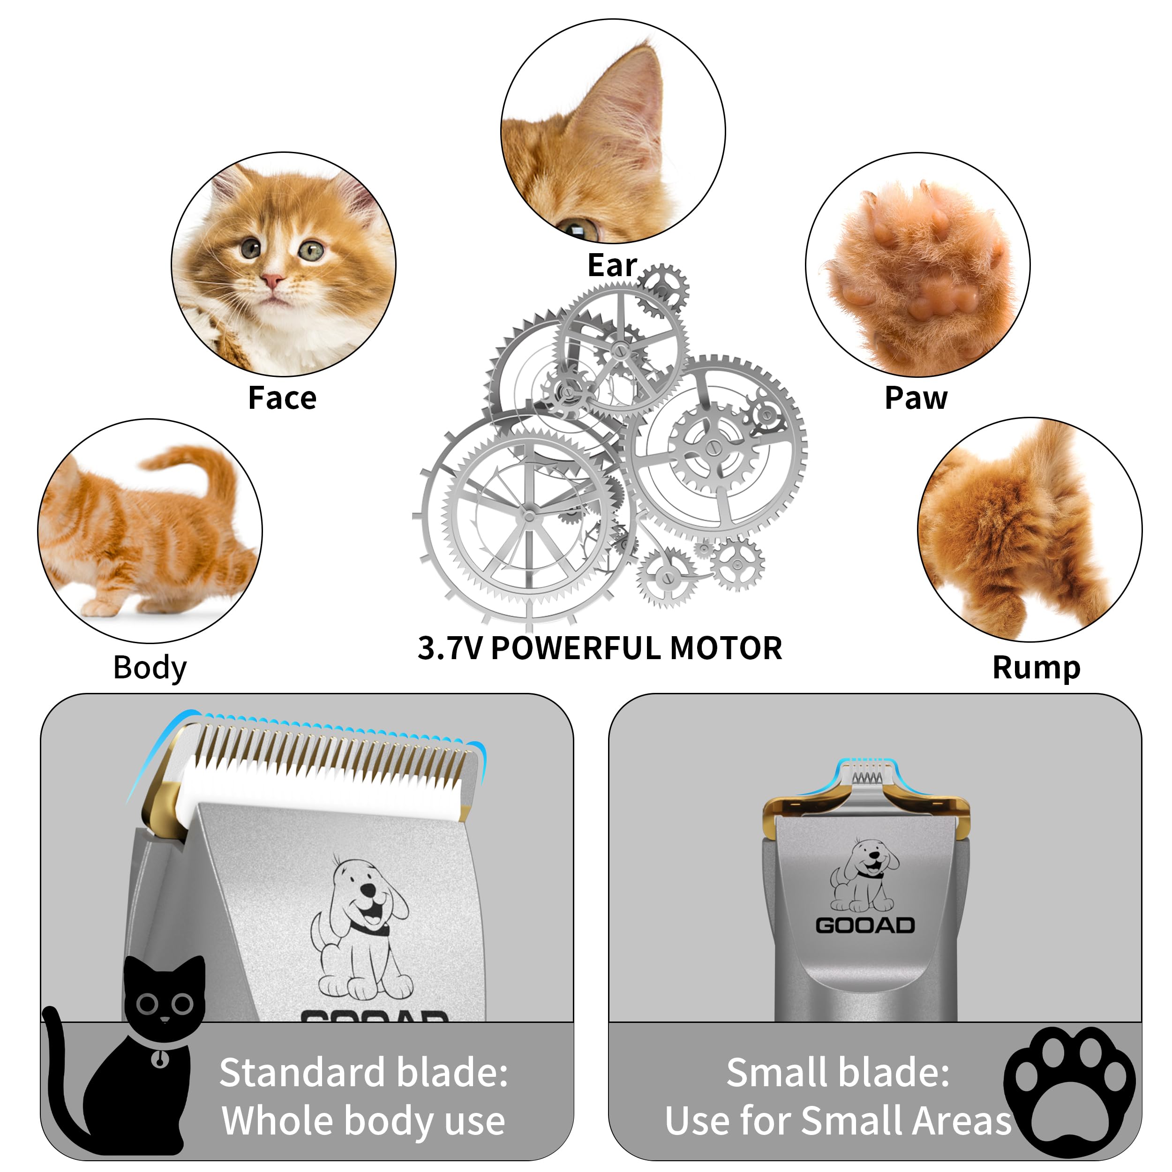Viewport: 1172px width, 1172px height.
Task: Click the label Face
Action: [x=282, y=398]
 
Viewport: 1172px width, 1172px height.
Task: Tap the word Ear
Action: [x=611, y=266]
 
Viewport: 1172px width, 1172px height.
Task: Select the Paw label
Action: [x=916, y=398]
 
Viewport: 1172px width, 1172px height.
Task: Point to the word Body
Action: [x=150, y=668]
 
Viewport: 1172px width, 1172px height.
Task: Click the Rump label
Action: [x=1036, y=668]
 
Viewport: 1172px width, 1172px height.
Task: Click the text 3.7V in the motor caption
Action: [x=450, y=648]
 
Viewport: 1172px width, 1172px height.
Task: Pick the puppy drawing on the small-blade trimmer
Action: [x=865, y=876]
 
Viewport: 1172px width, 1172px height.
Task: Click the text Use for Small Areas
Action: [x=838, y=1120]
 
